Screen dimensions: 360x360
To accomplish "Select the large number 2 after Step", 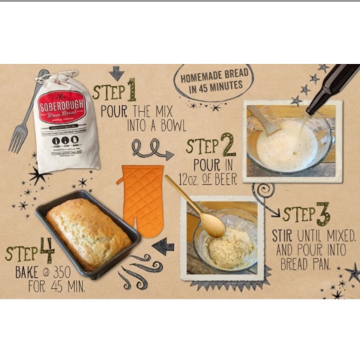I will [228, 144].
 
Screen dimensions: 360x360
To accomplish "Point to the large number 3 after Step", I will [323, 213].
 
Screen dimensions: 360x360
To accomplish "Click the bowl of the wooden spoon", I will [213, 225].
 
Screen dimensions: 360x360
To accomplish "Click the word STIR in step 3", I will [283, 235].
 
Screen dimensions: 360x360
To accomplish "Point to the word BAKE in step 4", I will [27, 271].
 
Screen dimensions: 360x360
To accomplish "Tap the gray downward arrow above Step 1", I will [116, 73].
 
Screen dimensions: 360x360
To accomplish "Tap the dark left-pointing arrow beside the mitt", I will [163, 245].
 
